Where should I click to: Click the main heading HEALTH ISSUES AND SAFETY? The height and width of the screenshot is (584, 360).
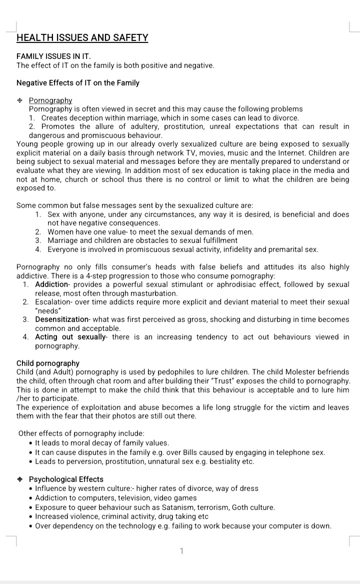point(82,37)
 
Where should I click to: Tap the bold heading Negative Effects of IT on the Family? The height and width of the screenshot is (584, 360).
point(78,82)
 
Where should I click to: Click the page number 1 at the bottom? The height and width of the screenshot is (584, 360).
point(181,551)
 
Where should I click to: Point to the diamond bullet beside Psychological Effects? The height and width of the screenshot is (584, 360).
point(20,479)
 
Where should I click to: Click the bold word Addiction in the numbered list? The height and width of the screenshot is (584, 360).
point(51,284)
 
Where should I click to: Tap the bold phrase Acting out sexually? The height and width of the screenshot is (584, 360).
point(70,337)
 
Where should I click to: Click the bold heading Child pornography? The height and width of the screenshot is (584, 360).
point(48,363)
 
